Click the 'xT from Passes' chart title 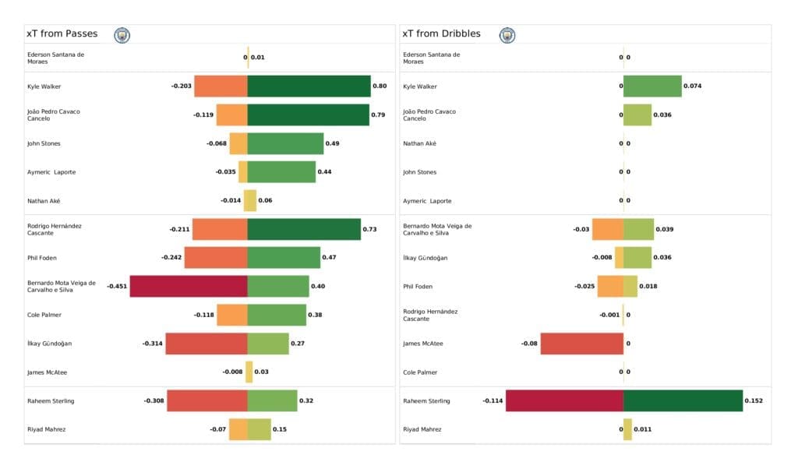pyautogui.click(x=62, y=34)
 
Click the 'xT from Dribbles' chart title pyautogui.click(x=441, y=34)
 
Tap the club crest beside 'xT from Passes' pyautogui.click(x=122, y=35)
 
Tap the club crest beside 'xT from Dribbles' pyautogui.click(x=507, y=35)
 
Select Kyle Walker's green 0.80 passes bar pyautogui.click(x=309, y=86)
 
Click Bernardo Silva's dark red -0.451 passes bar pyautogui.click(x=189, y=286)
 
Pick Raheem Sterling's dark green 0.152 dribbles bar pyautogui.click(x=683, y=400)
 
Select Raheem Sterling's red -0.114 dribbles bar pyautogui.click(x=564, y=400)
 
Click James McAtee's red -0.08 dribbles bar pyautogui.click(x=581, y=344)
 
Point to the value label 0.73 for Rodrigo pyautogui.click(x=369, y=229)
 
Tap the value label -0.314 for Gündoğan pyautogui.click(x=152, y=344)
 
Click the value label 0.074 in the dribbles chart pyautogui.click(x=692, y=86)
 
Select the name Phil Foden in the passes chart pyautogui.click(x=43, y=258)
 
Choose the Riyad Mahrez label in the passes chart pyautogui.click(x=46, y=429)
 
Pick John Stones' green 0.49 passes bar pyautogui.click(x=285, y=143)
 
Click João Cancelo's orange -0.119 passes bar pyautogui.click(x=231, y=115)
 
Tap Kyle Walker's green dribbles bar pyautogui.click(x=652, y=86)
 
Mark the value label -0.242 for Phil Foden pyautogui.click(x=171, y=258)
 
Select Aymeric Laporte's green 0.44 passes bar pyautogui.click(x=281, y=172)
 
